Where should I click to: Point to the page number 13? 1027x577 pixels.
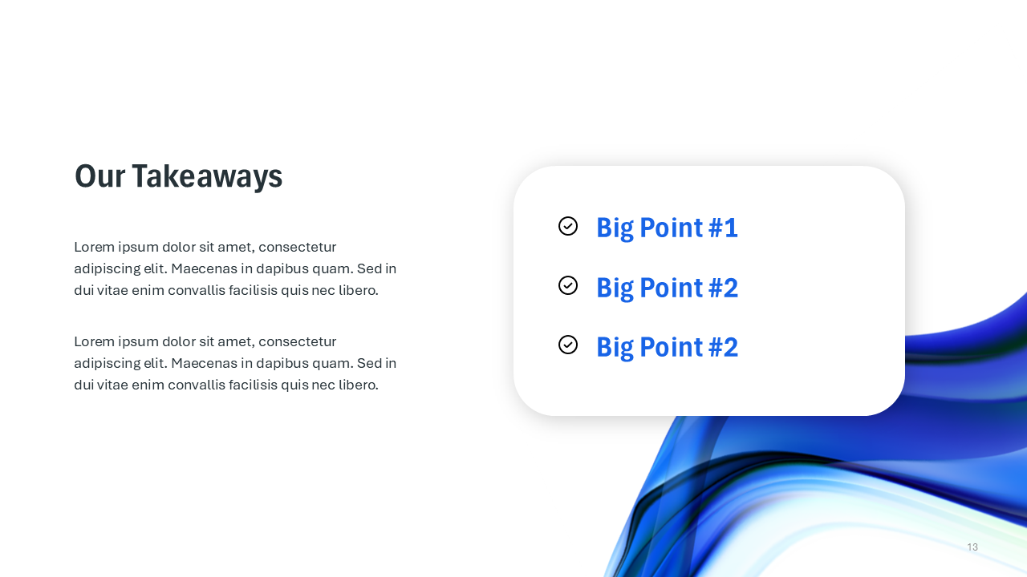click(972, 547)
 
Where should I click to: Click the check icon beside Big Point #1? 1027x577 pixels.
click(568, 226)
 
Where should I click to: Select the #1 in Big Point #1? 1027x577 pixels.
click(723, 228)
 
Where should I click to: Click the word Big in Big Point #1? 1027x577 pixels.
click(615, 228)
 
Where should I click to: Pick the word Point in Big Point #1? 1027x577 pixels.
click(671, 228)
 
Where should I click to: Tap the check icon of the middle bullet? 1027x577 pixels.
click(568, 285)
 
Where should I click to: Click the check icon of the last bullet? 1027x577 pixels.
click(568, 345)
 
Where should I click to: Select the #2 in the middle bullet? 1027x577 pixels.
click(723, 288)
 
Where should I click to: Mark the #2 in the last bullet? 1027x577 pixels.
click(723, 347)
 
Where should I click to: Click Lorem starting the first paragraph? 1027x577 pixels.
click(94, 247)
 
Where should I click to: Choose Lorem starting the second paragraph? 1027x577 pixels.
click(94, 341)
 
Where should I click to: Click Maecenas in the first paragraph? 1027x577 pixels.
click(204, 268)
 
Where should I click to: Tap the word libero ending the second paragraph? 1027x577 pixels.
click(358, 385)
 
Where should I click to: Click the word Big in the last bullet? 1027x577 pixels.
click(615, 347)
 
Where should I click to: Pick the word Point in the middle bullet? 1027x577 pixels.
click(671, 288)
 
